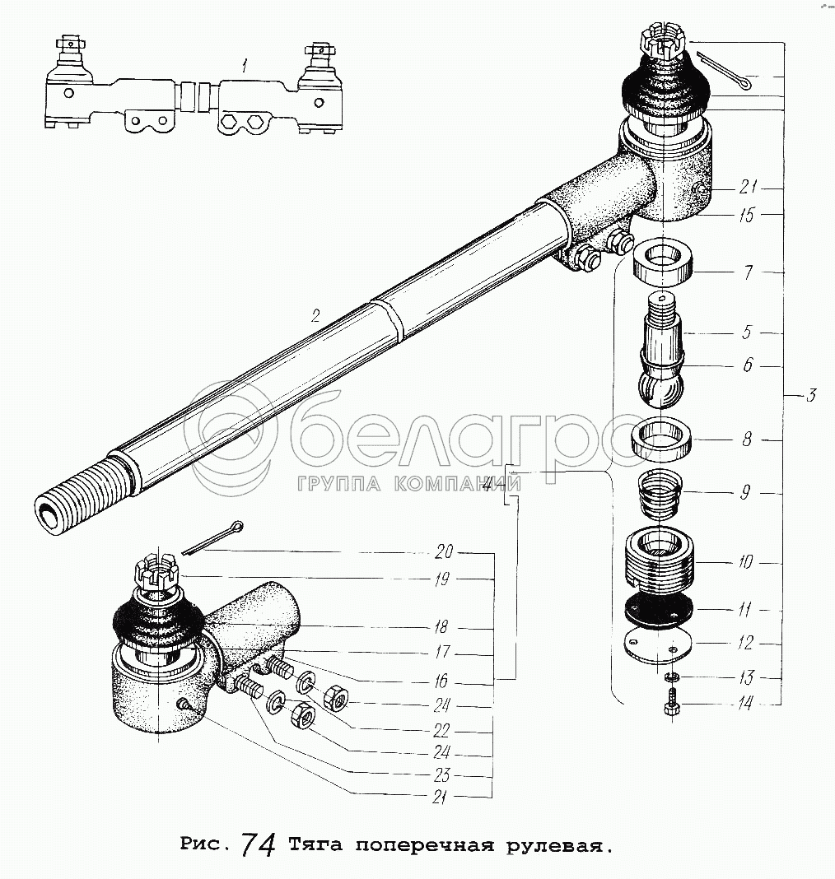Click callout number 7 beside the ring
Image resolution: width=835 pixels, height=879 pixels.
click(x=748, y=273)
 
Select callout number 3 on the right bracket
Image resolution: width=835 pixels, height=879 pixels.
click(x=811, y=396)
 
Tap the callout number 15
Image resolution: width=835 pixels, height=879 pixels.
click(x=746, y=216)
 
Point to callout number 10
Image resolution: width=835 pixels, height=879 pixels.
click(x=744, y=561)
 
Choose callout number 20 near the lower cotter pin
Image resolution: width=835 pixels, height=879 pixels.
click(x=444, y=551)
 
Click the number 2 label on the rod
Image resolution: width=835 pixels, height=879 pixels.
click(x=315, y=316)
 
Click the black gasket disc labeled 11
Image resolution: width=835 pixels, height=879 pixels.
click(x=657, y=611)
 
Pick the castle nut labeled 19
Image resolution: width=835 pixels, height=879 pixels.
click(x=156, y=573)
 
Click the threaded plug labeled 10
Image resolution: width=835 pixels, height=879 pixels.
click(x=660, y=560)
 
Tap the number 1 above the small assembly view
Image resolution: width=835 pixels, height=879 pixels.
click(x=244, y=67)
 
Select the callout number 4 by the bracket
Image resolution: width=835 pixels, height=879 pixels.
click(x=488, y=485)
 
